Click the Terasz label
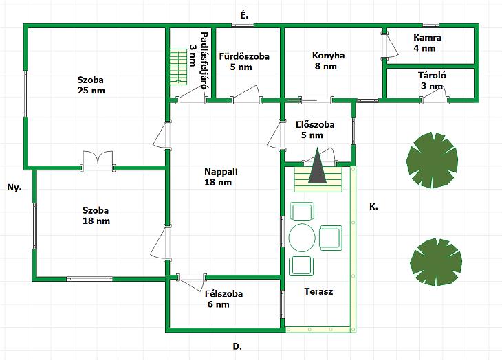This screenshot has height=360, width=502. [x=318, y=291]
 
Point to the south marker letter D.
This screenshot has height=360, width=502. [x=237, y=347]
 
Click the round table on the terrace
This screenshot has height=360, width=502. [x=303, y=238]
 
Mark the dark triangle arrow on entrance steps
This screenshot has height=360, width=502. [x=317, y=168]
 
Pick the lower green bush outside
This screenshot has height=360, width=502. [x=435, y=261]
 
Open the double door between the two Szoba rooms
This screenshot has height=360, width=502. [x=98, y=160]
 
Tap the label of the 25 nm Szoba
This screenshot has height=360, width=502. [x=91, y=85]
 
